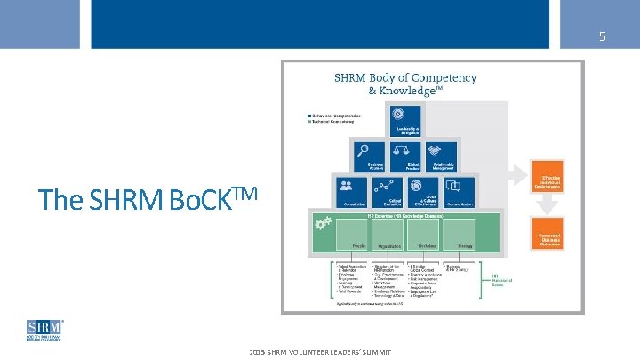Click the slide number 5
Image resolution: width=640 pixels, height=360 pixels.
point(602,36)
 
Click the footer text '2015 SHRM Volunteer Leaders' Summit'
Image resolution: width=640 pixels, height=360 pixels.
point(321,353)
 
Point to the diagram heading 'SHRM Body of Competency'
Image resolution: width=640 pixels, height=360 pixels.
point(404,77)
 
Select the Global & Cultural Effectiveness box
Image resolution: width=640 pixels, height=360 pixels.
point(423,190)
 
